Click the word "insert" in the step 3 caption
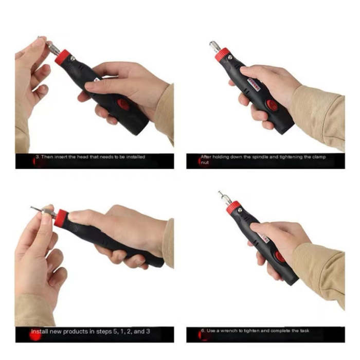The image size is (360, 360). pos(69,157)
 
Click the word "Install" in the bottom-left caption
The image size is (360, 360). pos(40,332)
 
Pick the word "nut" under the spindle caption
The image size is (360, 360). pos(205,163)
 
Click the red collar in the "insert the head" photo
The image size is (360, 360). pos(63,57)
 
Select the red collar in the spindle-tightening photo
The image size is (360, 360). pos(223,54)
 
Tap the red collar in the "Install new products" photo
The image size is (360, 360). pos(61,218)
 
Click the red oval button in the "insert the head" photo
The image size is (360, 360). pos(123,104)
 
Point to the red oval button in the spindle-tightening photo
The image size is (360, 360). pos(272,105)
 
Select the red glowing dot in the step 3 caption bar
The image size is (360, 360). pos(37,161)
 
